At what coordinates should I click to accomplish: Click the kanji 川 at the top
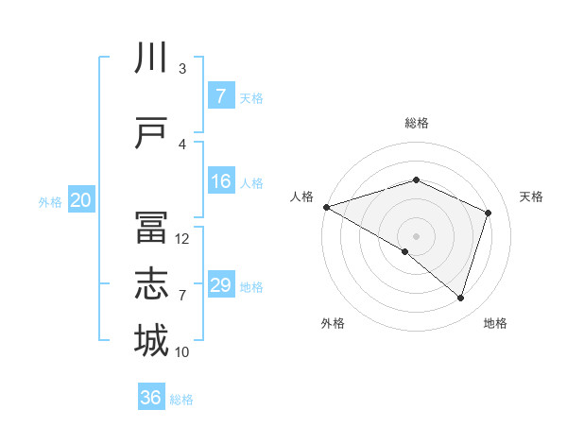pyautogui.click(x=151, y=59)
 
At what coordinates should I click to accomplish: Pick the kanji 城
pyautogui.click(x=151, y=341)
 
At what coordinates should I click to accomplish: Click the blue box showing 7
pyautogui.click(x=220, y=96)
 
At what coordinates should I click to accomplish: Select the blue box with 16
pyautogui.click(x=220, y=181)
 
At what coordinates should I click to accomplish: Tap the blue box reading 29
pyautogui.click(x=220, y=285)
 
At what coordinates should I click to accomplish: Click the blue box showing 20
pyautogui.click(x=81, y=200)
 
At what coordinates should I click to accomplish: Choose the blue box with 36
pyautogui.click(x=151, y=398)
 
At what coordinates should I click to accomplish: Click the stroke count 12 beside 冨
pyautogui.click(x=182, y=239)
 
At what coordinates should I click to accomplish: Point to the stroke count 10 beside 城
pyautogui.click(x=182, y=352)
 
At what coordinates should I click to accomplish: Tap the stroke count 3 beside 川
pyautogui.click(x=182, y=69)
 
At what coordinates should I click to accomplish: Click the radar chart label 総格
pyautogui.click(x=416, y=123)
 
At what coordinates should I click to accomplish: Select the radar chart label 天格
pyautogui.click(x=532, y=196)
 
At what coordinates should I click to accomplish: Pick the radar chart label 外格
pyautogui.click(x=333, y=323)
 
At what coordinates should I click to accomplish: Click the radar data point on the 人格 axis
pyautogui.click(x=326, y=207)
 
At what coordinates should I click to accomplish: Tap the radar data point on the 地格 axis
pyautogui.click(x=460, y=299)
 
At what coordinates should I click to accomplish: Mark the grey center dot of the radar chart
pyautogui.click(x=416, y=235)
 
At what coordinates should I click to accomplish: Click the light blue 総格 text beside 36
pyautogui.click(x=181, y=400)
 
